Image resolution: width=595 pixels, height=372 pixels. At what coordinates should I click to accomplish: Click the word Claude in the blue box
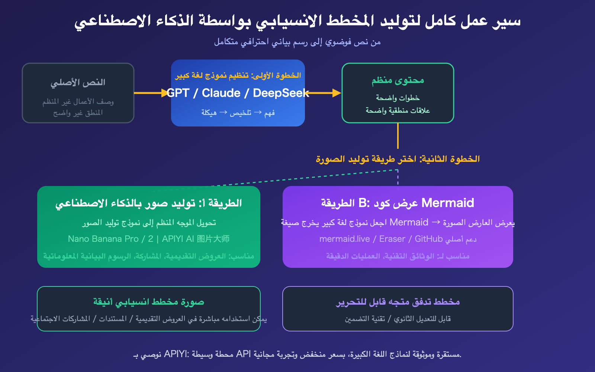(221, 93)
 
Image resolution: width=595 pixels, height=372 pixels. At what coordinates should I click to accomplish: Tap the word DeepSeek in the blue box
(281, 93)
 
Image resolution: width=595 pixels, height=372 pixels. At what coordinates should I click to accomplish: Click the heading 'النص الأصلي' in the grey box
(78, 82)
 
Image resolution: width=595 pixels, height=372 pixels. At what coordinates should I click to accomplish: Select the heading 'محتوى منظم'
(398, 80)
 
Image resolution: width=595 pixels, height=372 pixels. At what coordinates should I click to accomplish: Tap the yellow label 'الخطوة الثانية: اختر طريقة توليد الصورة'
(398, 159)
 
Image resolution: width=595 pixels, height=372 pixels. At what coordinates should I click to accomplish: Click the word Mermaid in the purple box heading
(448, 203)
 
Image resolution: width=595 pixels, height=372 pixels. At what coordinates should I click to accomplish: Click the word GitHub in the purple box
(428, 239)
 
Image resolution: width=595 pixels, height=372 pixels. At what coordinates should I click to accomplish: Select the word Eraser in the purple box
(392, 239)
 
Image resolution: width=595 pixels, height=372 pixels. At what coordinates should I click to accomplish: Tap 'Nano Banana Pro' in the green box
(103, 239)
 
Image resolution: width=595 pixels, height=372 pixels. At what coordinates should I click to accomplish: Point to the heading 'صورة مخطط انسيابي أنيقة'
(149, 302)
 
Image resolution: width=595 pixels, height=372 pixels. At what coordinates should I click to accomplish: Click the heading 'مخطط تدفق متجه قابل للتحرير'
(398, 302)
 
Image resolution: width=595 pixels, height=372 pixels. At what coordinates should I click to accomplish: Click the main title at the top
(297, 21)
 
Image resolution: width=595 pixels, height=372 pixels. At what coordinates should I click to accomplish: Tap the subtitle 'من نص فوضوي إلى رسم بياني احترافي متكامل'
(297, 42)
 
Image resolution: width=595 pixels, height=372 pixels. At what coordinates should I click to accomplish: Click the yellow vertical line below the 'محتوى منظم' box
(398, 136)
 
